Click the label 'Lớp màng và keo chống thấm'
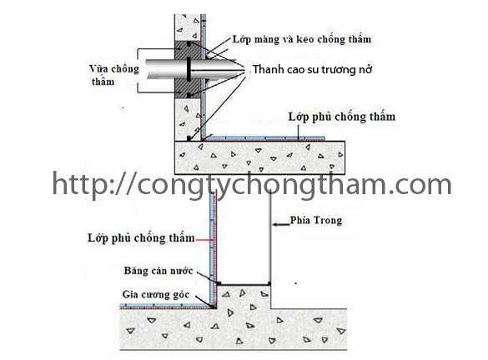(302, 39)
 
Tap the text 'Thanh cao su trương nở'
(312, 69)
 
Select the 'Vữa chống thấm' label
(114, 75)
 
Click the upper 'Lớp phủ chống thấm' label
(342, 117)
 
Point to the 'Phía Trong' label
(316, 220)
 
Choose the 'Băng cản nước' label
(158, 271)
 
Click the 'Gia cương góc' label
(156, 294)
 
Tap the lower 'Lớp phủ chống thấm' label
(141, 237)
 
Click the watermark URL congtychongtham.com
(252, 184)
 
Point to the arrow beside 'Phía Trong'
(281, 224)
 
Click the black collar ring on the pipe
(189, 69)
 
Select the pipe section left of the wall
(160, 69)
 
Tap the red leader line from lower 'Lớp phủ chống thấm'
(205, 240)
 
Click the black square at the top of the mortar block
(189, 44)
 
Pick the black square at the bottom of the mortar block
(189, 96)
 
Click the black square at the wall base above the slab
(189, 138)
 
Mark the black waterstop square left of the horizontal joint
(219, 283)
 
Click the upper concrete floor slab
(259, 157)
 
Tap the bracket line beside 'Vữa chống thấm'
(138, 71)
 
